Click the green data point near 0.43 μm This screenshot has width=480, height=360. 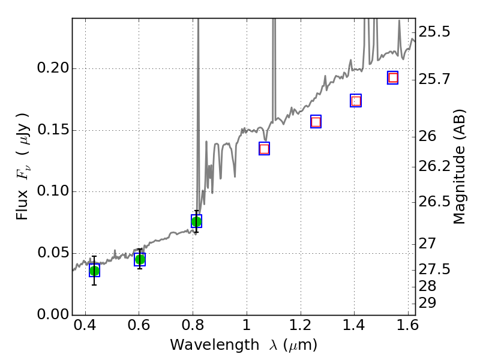click(94, 271)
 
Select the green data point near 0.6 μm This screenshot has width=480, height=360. click(140, 259)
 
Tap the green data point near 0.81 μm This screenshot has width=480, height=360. click(196, 221)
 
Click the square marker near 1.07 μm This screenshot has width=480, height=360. click(264, 149)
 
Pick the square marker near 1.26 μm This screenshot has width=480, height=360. click(316, 122)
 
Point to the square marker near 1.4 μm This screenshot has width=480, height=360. click(356, 101)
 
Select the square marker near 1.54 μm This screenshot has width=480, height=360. click(393, 77)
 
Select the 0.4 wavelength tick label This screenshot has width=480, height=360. click(85, 328)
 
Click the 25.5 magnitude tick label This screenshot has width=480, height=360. click(434, 31)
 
